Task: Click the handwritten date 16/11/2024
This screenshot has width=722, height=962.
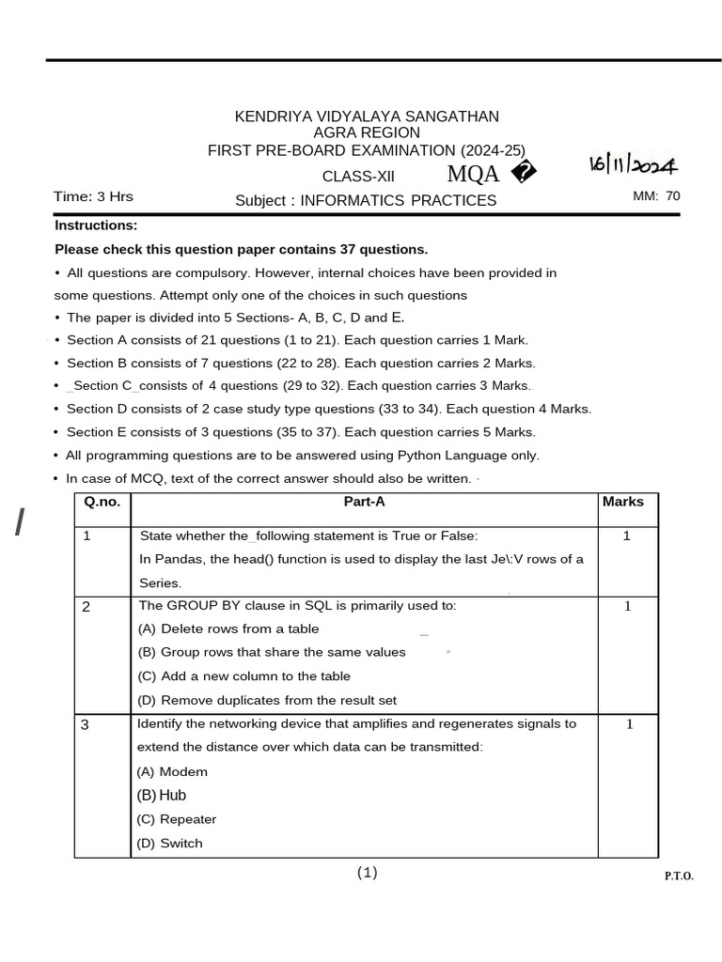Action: [x=633, y=165]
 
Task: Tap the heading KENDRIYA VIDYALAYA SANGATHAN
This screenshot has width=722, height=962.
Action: [x=367, y=116]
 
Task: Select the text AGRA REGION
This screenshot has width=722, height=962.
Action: [x=367, y=133]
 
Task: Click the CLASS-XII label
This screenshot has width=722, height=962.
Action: [x=359, y=177]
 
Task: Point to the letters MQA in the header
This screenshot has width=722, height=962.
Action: [x=473, y=174]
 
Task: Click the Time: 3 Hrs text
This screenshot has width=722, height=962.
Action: [x=93, y=196]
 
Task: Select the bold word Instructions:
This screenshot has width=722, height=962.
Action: [x=96, y=225]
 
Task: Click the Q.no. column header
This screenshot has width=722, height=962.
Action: [x=102, y=502]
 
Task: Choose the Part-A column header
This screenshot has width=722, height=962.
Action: [x=365, y=502]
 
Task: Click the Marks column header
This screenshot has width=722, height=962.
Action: [x=623, y=502]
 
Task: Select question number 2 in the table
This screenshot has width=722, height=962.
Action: [x=86, y=607]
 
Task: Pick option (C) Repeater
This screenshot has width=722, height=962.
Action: [x=177, y=819]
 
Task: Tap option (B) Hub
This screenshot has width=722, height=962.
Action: [x=162, y=796]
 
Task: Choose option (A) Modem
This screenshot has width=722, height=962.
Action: [x=172, y=772]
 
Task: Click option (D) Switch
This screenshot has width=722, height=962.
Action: [x=169, y=844]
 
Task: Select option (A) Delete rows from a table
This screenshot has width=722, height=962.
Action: [x=228, y=629]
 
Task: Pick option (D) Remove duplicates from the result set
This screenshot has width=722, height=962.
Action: [x=267, y=700]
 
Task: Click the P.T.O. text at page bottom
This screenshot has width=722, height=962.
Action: [x=679, y=877]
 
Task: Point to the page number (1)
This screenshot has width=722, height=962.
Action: [x=367, y=873]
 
